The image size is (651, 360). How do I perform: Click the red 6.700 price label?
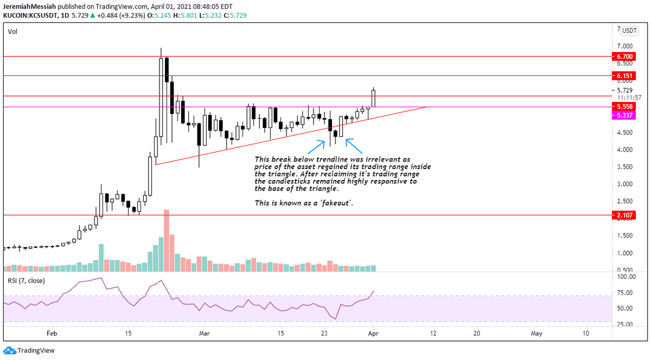624,56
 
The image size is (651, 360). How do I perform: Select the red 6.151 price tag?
624,76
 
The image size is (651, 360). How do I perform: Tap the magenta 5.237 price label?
624,115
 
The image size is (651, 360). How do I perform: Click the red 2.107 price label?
624,215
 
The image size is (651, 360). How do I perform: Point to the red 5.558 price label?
624,106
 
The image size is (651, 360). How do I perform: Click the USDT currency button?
629,30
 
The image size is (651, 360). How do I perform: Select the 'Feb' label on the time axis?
52,333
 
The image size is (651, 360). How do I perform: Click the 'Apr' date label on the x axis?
373,333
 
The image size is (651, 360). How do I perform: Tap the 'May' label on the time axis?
537,333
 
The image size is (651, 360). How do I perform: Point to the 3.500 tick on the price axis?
625,167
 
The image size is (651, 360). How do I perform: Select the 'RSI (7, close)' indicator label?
26,281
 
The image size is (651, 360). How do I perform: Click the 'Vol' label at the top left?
12,31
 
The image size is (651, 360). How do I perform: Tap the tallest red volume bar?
167,241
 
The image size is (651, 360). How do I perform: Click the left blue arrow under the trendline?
316,147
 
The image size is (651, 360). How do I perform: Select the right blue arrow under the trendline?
354,146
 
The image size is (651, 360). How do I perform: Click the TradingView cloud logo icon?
10,350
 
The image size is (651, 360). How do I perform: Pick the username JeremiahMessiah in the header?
29,7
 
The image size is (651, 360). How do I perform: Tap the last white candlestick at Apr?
373,99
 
